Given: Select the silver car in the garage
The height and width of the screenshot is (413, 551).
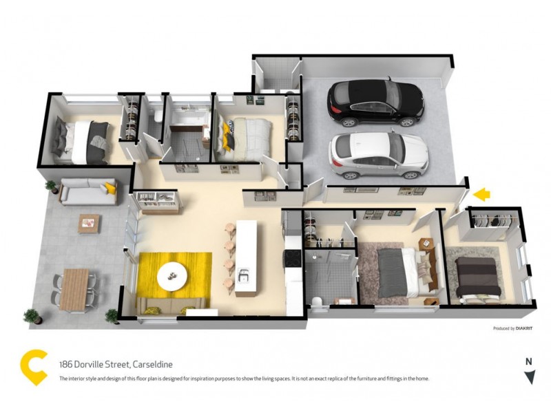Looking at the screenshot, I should pyautogui.click(x=378, y=153).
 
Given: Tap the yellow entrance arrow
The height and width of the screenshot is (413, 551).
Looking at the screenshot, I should pyautogui.click(x=481, y=195).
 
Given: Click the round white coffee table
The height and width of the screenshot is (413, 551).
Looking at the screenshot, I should pyautogui.click(x=171, y=276).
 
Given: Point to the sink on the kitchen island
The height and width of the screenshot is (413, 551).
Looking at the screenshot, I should pyautogui.click(x=244, y=277).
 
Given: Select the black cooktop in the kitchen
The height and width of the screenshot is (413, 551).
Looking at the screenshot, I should pyautogui.click(x=291, y=258).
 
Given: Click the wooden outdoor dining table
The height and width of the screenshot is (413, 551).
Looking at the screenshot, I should pyautogui.click(x=74, y=288).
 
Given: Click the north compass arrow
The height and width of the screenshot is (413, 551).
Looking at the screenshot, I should pyautogui.click(x=529, y=377).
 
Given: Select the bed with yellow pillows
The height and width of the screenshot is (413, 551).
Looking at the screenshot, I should pyautogui.click(x=247, y=132).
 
